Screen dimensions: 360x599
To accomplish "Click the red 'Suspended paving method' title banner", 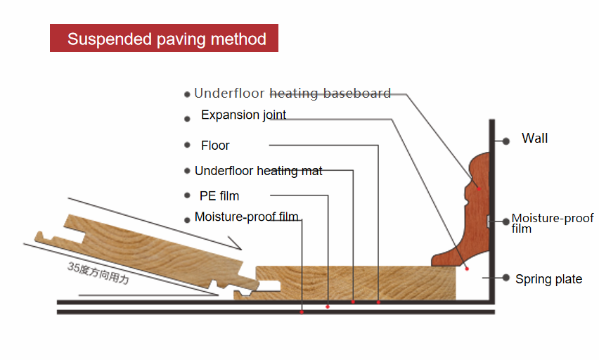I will click(x=164, y=39).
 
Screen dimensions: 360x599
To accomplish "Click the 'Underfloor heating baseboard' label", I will click(x=292, y=94).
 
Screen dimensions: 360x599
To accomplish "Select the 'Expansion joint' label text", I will click(x=243, y=115).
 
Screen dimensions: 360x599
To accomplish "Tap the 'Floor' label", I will click(x=215, y=146).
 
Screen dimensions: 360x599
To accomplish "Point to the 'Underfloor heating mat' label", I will click(x=258, y=171).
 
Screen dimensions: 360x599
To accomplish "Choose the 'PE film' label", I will click(x=219, y=195).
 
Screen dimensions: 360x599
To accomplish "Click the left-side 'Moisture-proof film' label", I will click(x=246, y=217).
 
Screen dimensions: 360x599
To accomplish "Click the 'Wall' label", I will click(x=534, y=139).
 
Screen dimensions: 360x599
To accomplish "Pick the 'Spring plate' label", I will click(x=548, y=279).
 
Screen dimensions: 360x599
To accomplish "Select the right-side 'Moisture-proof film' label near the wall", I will click(x=552, y=223).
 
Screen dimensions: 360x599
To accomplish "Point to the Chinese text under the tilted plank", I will click(x=98, y=274).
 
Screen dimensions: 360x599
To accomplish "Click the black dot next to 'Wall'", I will click(x=505, y=141).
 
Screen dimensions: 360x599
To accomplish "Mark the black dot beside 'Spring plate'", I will click(x=505, y=278).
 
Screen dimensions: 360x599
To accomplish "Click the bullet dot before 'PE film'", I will click(x=187, y=195).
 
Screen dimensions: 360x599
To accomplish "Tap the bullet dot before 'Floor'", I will click(x=187, y=145).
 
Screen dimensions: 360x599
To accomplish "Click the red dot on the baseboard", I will click(x=479, y=188).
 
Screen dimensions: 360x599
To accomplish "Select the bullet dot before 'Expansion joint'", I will click(x=187, y=119).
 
